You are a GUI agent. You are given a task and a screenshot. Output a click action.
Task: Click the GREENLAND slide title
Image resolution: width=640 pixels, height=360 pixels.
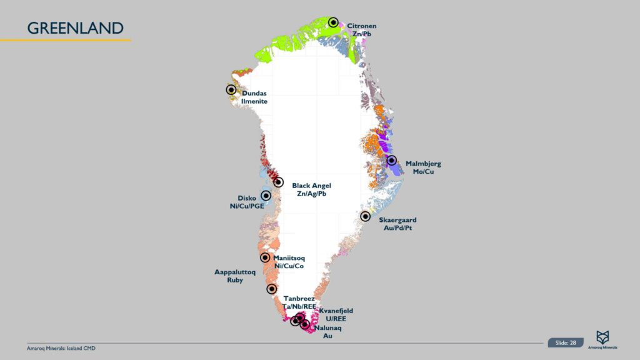click(75, 28)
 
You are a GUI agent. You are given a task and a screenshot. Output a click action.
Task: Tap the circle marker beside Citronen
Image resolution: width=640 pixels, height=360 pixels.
click(334, 22)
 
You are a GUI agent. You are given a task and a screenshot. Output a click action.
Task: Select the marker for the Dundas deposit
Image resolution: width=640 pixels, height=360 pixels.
click(231, 89)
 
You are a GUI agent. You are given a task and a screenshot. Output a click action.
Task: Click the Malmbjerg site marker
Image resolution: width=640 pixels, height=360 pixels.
click(392, 161)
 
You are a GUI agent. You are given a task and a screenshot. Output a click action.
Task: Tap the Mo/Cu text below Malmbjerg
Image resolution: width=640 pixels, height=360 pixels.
click(423, 172)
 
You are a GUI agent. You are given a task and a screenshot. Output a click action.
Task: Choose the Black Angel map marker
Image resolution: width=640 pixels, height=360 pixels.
click(279, 182)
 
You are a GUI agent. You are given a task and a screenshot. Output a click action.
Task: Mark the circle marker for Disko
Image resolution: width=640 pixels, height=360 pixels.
click(266, 196)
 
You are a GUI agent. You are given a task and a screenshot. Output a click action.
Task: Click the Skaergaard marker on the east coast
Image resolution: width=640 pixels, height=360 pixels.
click(366, 216)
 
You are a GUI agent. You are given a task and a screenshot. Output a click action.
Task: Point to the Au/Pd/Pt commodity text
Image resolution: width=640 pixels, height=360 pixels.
click(397, 228)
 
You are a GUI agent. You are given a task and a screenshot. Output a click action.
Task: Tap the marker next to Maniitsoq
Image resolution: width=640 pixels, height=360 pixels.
click(265, 257)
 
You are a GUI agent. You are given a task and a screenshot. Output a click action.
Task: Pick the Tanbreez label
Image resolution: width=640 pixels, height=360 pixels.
click(299, 299)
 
